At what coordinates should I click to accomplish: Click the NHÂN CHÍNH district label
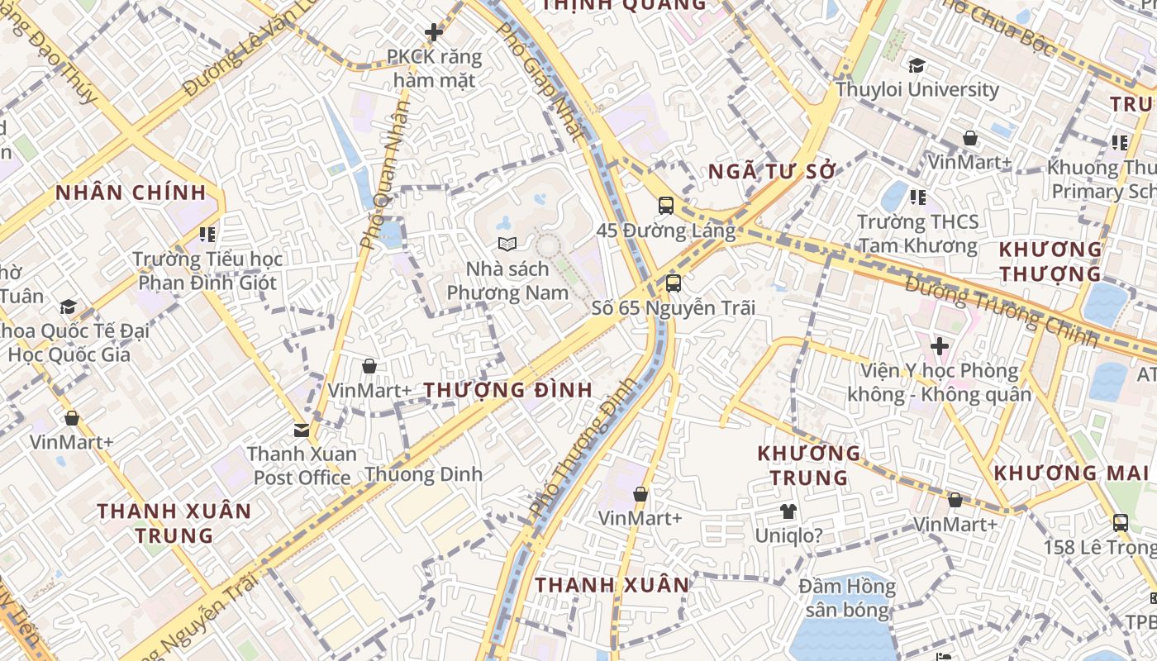(131, 193)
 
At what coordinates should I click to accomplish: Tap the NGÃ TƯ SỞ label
(773, 172)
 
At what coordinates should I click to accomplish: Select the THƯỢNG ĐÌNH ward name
(508, 390)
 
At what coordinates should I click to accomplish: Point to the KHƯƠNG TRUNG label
(810, 465)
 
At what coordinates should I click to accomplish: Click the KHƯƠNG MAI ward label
(1071, 473)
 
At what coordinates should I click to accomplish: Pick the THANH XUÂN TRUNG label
(174, 523)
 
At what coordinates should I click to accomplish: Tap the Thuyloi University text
(917, 89)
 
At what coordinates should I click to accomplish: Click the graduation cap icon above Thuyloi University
(917, 66)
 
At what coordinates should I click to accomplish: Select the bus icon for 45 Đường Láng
(666, 206)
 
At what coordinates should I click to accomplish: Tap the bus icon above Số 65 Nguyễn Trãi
(674, 283)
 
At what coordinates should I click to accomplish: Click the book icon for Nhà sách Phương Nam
(507, 245)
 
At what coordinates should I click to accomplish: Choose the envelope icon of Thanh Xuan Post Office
(302, 430)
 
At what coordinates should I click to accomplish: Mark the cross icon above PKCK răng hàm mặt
(434, 33)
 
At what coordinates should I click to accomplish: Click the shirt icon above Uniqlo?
(788, 511)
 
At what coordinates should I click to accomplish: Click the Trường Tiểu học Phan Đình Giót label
(207, 271)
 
